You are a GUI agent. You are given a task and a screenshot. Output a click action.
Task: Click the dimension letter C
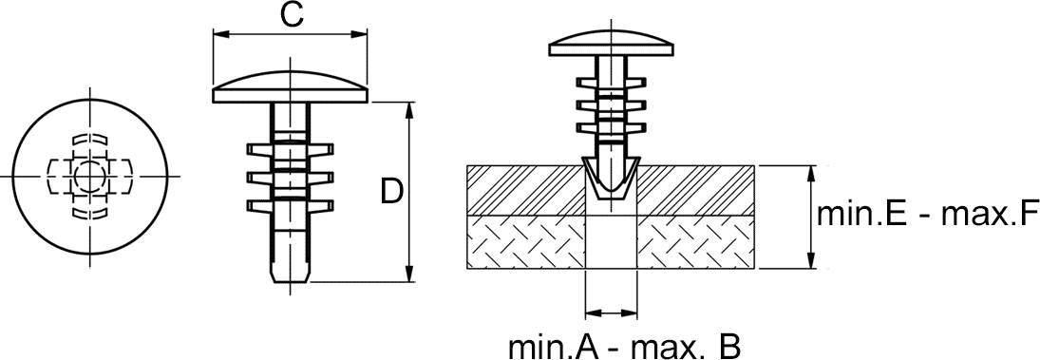click(x=292, y=14)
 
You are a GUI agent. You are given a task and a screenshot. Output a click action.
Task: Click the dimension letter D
click(x=392, y=191)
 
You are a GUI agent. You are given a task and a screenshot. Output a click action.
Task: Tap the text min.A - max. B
click(x=624, y=347)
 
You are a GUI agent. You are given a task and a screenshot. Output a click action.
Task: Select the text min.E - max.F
click(x=928, y=214)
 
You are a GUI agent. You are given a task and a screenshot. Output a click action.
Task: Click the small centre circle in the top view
click(x=87, y=176)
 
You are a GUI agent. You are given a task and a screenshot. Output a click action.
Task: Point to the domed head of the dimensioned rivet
click(x=290, y=85)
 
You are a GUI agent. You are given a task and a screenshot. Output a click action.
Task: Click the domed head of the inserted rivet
click(x=612, y=43)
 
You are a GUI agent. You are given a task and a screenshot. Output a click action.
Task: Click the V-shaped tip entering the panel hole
click(x=612, y=179)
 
